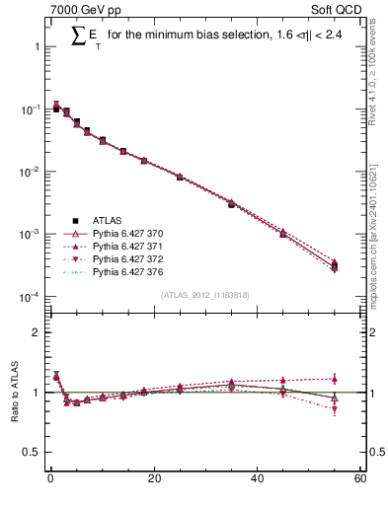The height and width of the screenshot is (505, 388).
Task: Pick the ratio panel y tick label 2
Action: coord(37,333)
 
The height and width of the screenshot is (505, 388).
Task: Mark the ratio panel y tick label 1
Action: coord(37,393)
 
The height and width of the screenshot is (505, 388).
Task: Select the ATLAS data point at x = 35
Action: coord(231,204)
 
